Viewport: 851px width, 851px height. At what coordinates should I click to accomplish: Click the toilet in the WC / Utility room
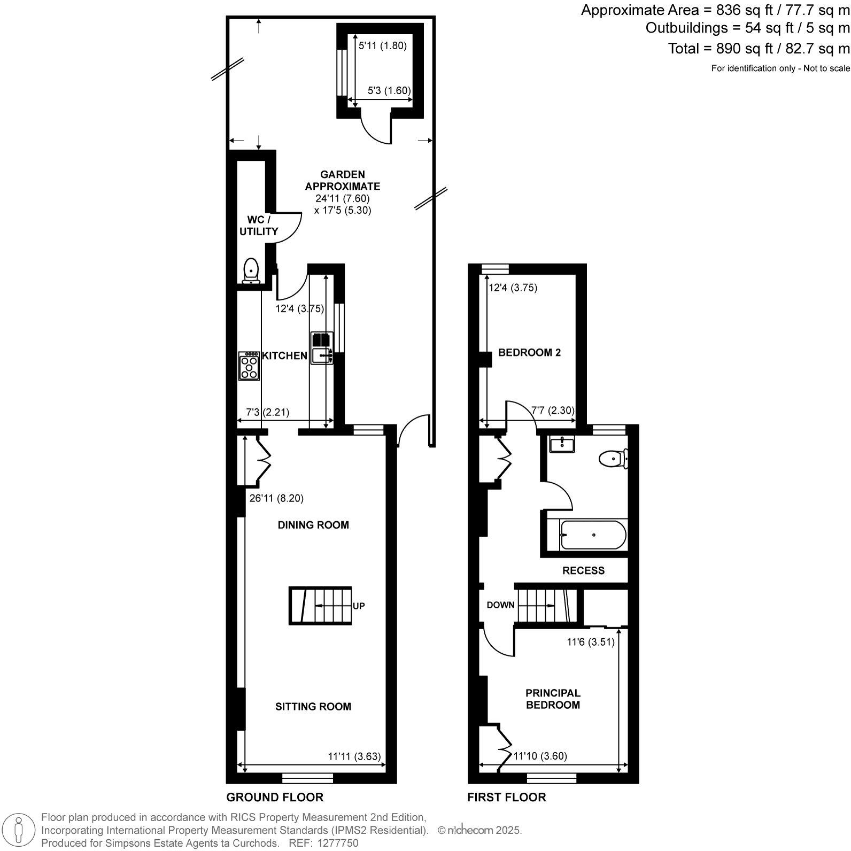click(251, 270)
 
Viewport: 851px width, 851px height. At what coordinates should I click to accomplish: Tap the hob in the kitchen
click(249, 366)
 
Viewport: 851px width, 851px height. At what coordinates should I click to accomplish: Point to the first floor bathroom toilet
click(613, 459)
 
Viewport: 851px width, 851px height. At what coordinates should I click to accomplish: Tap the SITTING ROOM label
click(313, 707)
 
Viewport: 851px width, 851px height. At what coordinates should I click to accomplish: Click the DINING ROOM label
click(313, 525)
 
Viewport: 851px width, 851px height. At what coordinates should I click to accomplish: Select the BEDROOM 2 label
click(529, 353)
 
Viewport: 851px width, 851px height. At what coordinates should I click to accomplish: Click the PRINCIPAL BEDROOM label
click(553, 699)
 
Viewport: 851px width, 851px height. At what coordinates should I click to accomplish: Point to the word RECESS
click(583, 571)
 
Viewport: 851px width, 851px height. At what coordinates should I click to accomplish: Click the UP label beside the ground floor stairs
click(359, 606)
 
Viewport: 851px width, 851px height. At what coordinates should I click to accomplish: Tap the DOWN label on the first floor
click(500, 605)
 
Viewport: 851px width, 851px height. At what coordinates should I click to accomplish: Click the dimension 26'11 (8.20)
click(276, 498)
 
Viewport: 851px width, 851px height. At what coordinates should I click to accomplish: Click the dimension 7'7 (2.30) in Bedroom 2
click(552, 411)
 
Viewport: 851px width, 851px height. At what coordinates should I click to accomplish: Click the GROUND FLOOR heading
click(275, 798)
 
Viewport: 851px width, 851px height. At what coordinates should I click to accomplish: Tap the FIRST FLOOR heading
click(506, 798)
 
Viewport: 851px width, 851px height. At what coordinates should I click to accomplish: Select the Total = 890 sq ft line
click(758, 49)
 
